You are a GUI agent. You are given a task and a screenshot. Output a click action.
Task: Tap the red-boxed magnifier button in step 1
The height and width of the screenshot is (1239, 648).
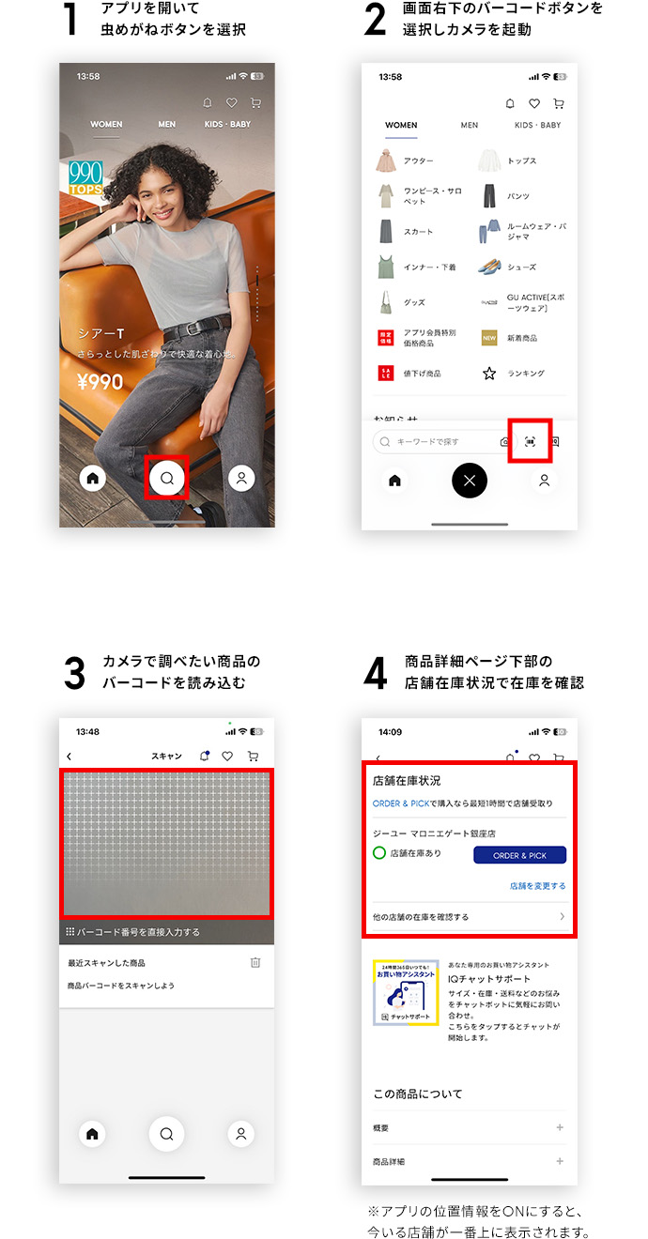tap(167, 478)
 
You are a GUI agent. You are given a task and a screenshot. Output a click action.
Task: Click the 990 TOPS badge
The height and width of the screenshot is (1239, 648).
tap(85, 178)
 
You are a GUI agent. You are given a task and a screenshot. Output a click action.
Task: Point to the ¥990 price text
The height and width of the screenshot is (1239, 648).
tap(100, 382)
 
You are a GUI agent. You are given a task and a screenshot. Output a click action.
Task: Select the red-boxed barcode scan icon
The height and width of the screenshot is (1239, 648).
tap(530, 440)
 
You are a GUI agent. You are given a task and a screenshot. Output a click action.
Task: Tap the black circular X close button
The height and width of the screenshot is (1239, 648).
tap(470, 481)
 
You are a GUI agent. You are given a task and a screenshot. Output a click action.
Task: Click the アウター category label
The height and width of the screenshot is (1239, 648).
tap(419, 161)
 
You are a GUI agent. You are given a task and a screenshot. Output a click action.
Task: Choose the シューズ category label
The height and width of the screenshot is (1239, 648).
tap(522, 268)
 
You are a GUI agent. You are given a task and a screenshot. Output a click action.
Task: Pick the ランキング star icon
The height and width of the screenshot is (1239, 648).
tap(488, 374)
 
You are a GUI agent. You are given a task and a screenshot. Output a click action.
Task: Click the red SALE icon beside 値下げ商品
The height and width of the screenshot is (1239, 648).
tap(385, 374)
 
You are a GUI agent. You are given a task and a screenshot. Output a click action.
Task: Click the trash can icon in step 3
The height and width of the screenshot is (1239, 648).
tap(255, 962)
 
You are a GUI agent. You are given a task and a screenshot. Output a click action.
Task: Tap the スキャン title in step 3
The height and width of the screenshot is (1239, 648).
tap(166, 756)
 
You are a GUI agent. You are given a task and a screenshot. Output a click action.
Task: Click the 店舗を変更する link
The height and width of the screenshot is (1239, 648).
tap(537, 886)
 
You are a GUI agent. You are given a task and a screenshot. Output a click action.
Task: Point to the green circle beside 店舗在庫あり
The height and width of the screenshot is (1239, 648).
tap(379, 853)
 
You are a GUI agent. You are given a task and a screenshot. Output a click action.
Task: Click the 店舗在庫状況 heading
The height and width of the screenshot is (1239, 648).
tap(407, 780)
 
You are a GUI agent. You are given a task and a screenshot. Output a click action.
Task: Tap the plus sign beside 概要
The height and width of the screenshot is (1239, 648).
tap(560, 1127)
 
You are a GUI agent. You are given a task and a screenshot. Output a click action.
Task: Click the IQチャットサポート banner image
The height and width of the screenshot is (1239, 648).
tap(406, 992)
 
